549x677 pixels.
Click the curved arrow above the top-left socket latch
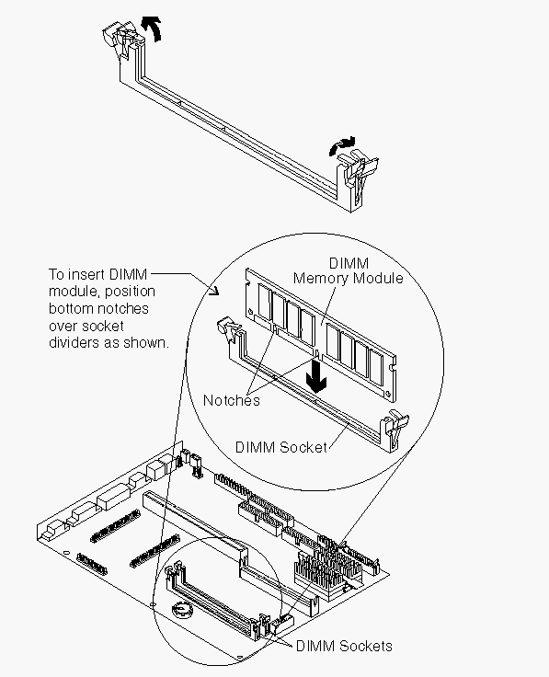tap(153, 28)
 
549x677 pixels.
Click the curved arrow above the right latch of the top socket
tap(342, 145)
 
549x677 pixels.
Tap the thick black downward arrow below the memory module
tap(316, 375)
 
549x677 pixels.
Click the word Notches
tap(232, 400)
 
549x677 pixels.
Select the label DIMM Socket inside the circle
tap(281, 447)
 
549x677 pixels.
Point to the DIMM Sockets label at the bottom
tap(344, 646)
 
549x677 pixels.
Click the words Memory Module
tap(348, 278)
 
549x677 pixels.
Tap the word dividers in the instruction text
tap(74, 342)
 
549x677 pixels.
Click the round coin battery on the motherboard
tap(182, 609)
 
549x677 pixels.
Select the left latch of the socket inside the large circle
tap(227, 329)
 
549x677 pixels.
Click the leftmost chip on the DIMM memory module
tap(264, 303)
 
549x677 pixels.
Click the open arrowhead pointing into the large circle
tap(214, 291)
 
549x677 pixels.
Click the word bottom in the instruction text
tap(71, 308)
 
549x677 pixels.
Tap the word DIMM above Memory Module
tap(349, 263)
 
